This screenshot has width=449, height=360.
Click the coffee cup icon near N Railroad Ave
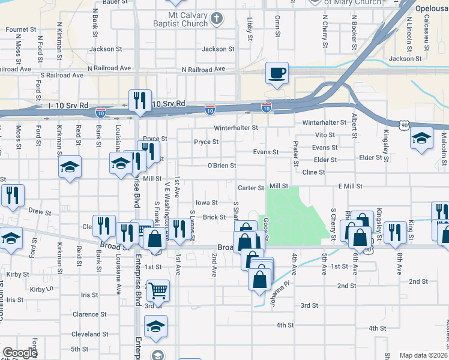pos(276,73)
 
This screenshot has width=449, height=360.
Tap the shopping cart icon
pos(158,291)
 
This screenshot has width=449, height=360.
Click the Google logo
pos(19,353)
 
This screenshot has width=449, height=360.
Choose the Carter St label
pos(251,188)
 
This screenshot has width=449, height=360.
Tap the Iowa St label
pos(206,203)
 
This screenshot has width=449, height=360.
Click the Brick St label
pos(214,217)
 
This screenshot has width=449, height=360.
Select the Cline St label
pos(313,172)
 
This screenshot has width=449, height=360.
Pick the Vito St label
pos(325,136)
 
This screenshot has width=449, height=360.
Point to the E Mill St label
pos(351,187)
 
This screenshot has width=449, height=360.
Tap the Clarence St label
pos(89,314)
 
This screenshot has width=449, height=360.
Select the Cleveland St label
pos(89,334)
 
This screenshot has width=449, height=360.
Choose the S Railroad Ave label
pos(62,76)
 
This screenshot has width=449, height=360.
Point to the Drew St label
pos(40,212)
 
